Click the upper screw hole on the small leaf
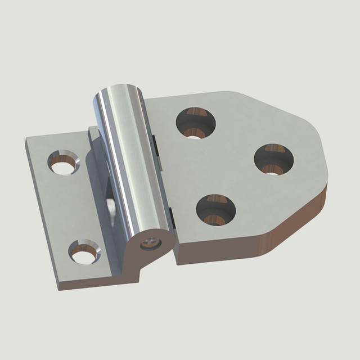pos(64,163)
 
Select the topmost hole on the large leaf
pos(196,123)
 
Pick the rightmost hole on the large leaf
pos(273,159)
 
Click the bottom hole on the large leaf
pos(215,210)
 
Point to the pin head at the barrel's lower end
pos(150,243)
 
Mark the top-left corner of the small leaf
pos(26,142)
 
